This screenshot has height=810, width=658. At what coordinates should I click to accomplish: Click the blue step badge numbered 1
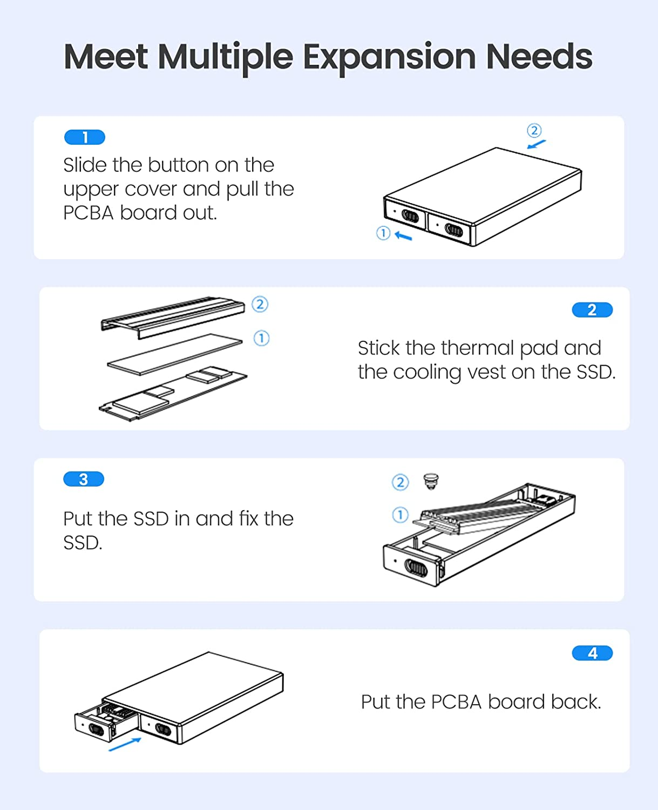click(85, 138)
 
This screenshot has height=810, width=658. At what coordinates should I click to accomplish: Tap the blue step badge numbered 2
click(592, 310)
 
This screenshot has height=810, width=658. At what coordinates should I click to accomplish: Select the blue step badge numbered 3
click(84, 479)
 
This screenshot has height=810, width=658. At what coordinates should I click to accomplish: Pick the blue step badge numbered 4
click(592, 653)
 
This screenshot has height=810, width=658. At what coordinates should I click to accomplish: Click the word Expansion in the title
click(389, 57)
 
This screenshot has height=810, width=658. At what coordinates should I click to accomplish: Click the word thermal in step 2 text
click(477, 348)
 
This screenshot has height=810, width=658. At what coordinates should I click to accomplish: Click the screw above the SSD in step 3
click(431, 481)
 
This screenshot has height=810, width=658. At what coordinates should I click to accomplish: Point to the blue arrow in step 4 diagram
click(125, 744)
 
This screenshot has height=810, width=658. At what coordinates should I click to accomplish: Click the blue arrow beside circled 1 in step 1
click(403, 235)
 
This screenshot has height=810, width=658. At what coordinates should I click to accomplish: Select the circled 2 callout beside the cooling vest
click(260, 305)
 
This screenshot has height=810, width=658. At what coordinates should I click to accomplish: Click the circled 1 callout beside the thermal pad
click(261, 339)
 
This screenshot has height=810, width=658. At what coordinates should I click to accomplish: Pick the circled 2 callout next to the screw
click(400, 482)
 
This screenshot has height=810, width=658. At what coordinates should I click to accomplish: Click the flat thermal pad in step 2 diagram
click(175, 354)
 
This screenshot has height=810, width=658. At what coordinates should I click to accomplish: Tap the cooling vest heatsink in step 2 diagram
click(173, 316)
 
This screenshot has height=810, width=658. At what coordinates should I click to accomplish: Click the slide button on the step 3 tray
click(416, 568)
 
